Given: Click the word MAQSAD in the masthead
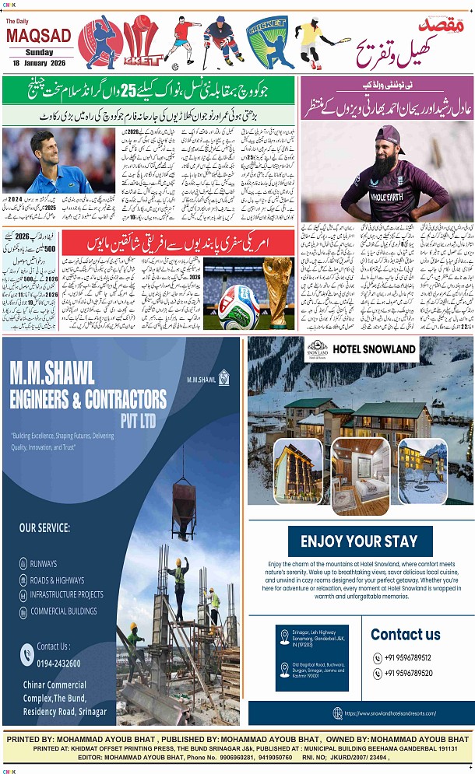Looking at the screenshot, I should [x=37, y=35].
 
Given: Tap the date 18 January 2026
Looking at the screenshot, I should [x=37, y=61].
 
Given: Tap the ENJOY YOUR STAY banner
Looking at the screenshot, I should [x=359, y=541].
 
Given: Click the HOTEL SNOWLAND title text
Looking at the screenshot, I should [x=375, y=348].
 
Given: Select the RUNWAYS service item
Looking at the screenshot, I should [x=46, y=562].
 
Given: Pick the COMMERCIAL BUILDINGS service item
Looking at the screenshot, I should [x=63, y=611].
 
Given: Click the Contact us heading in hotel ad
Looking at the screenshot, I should [x=405, y=635].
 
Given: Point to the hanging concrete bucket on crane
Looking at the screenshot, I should [x=183, y=500].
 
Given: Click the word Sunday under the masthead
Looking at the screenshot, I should [x=37, y=51].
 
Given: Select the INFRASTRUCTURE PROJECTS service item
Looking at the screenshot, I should [x=66, y=595].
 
